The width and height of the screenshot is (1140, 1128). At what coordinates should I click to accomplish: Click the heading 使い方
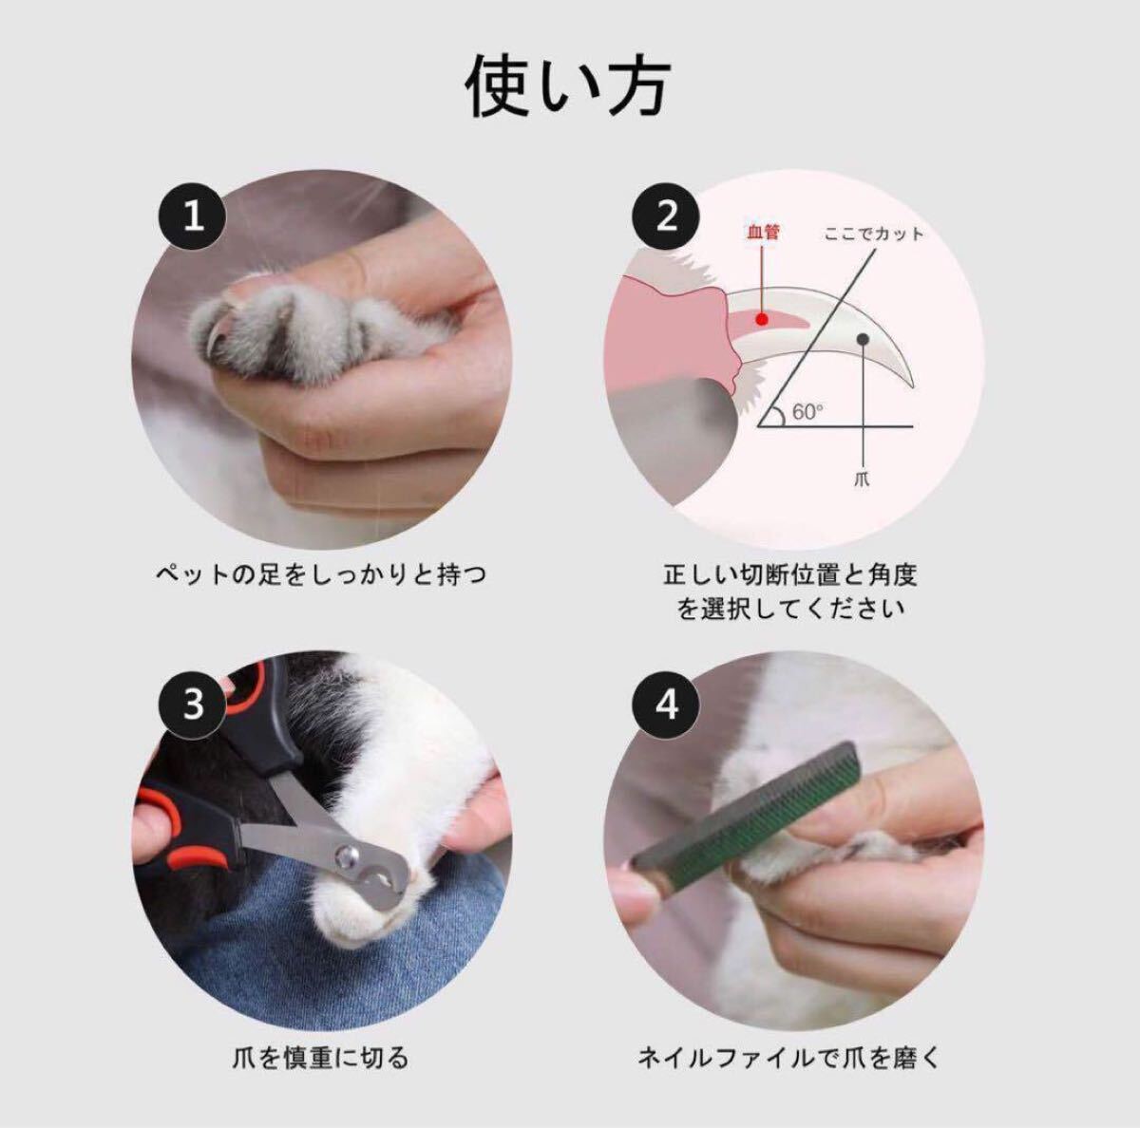click(568, 88)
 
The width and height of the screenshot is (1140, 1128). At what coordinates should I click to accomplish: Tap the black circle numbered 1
click(193, 217)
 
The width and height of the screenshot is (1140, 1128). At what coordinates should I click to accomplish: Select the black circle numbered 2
click(667, 217)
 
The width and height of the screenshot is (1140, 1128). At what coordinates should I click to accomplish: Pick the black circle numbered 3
click(193, 705)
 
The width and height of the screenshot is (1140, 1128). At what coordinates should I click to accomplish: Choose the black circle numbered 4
click(667, 705)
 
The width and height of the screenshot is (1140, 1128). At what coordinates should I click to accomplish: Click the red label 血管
click(763, 232)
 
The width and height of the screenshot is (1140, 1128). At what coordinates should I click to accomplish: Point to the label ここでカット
click(874, 235)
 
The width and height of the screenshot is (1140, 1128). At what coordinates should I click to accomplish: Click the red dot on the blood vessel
click(763, 319)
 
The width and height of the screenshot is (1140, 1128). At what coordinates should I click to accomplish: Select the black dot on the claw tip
click(864, 339)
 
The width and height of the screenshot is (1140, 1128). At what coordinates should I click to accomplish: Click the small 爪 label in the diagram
click(863, 478)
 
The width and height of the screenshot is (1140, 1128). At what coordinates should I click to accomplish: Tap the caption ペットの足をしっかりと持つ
click(321, 574)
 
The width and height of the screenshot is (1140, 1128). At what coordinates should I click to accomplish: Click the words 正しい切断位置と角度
click(789, 574)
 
